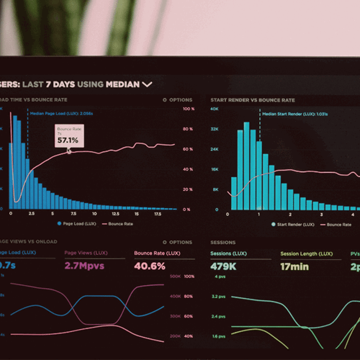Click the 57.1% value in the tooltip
[x=68, y=140]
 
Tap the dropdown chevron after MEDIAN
[x=147, y=84]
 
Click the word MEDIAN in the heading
[x=122, y=84]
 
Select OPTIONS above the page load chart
[x=178, y=100]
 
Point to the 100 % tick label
[x=189, y=109]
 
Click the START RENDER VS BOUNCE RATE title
[x=252, y=100]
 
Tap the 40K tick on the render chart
[x=215, y=109]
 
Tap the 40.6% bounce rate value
[x=150, y=266]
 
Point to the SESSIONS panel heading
[x=224, y=243]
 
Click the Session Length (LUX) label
[x=307, y=253]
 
